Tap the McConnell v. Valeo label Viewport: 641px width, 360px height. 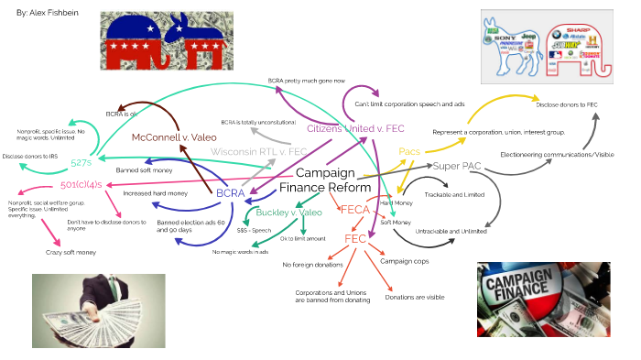coord(173,136)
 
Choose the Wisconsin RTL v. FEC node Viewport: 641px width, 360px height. coord(252,151)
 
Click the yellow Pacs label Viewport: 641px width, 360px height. coord(408,151)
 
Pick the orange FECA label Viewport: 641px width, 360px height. coord(353,210)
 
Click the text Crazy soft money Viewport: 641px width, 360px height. coord(71,253)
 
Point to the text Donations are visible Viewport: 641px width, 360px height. coord(415,296)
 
